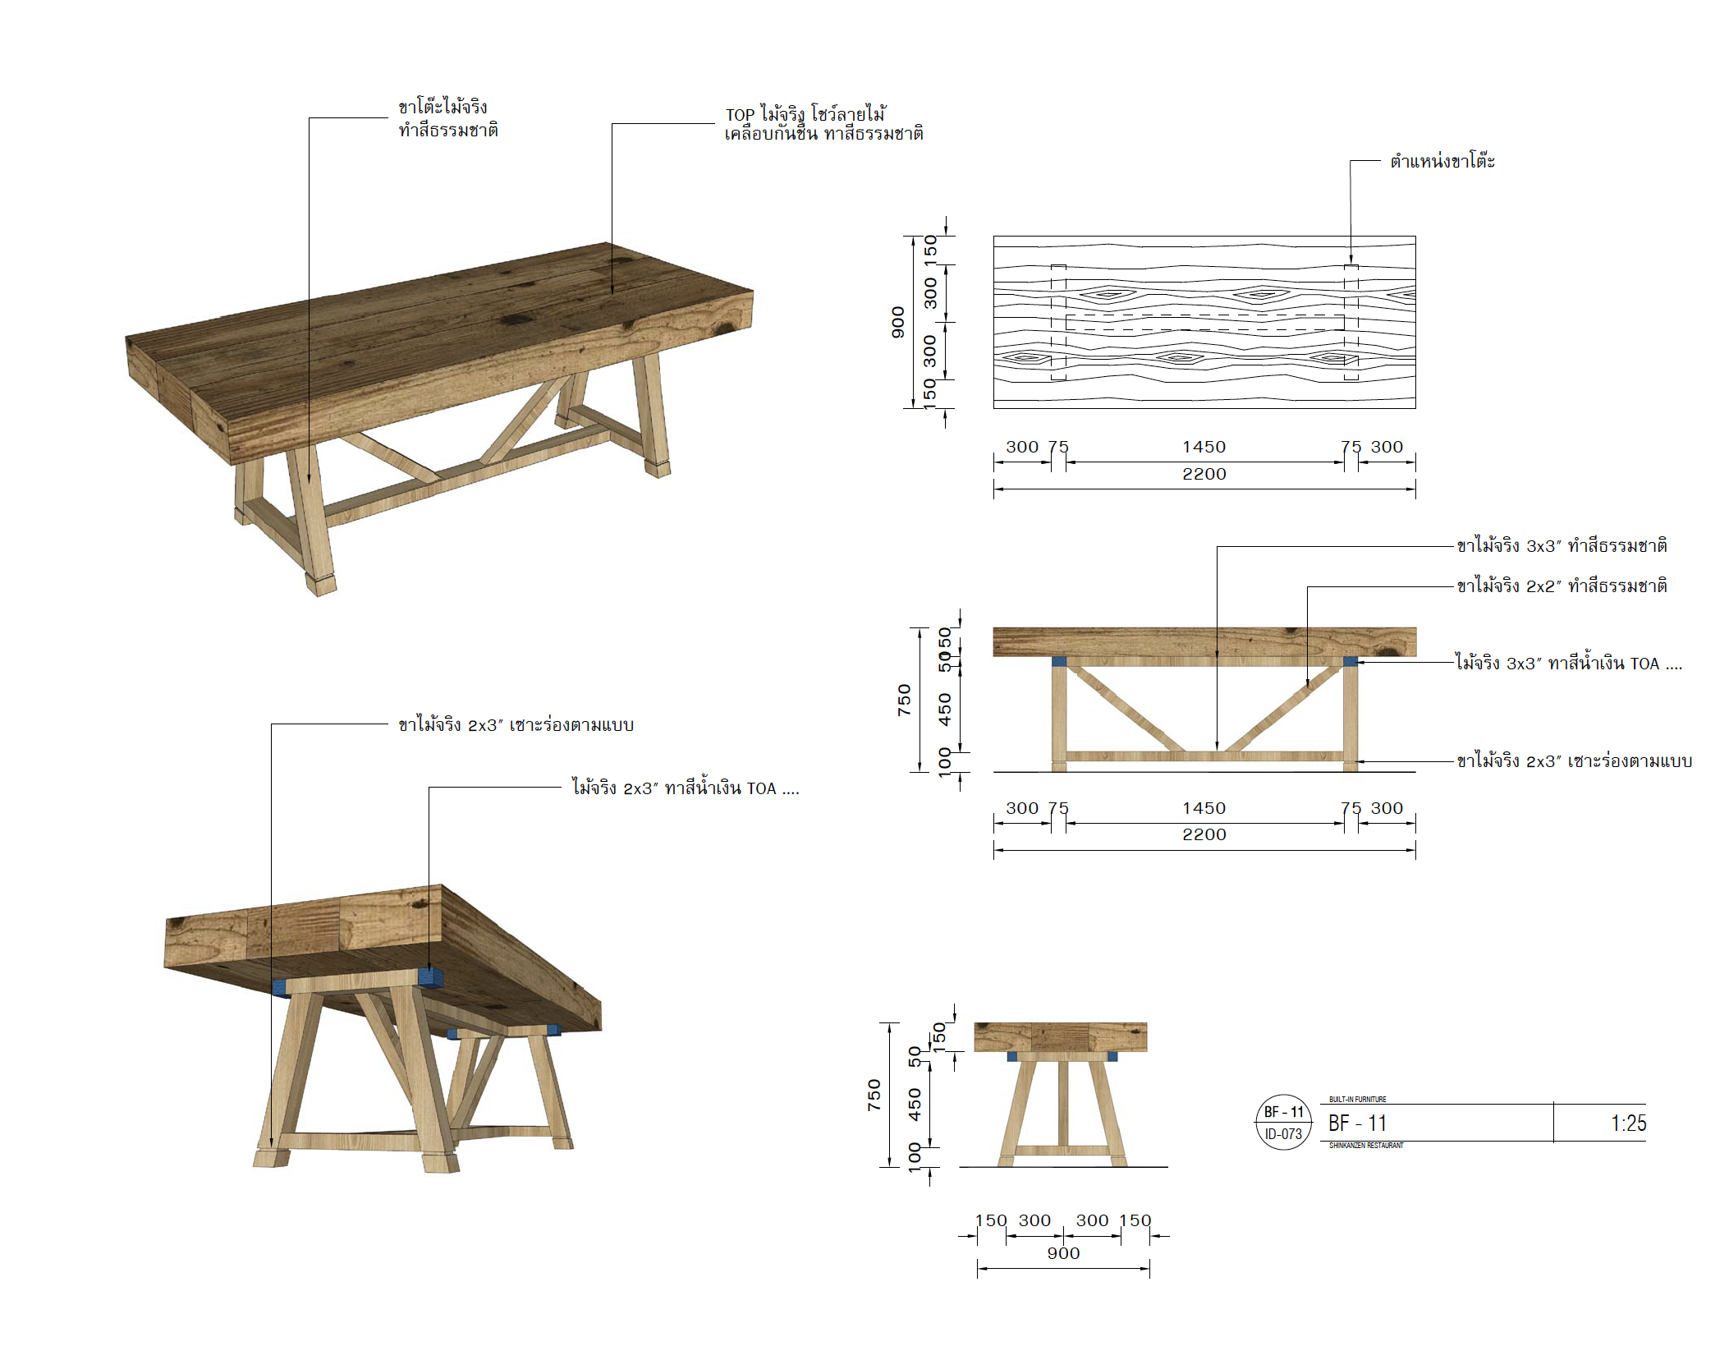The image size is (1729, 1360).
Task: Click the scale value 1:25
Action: pos(1627,1123)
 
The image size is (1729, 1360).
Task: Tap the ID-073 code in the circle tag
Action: pos(1283,1134)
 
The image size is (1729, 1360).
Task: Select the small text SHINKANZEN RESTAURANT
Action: pos(1366,1145)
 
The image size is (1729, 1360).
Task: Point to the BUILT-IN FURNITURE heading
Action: pos(1357,1099)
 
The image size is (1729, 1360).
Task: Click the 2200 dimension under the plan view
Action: pos(1204,474)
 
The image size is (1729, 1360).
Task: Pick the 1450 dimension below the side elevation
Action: pos(1204,808)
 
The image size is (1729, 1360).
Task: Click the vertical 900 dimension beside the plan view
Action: pos(898,322)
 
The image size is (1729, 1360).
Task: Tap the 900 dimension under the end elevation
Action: pos(1063,1253)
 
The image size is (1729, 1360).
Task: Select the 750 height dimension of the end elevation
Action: pos(874,1095)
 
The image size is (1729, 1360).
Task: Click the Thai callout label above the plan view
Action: pos(1442,161)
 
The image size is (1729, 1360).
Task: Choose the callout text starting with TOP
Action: pos(823,123)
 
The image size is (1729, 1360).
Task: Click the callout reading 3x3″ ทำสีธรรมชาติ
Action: pos(1562,546)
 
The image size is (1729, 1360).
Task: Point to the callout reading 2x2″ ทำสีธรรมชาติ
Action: pos(1562,586)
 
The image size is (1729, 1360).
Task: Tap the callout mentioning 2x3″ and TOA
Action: pos(686,788)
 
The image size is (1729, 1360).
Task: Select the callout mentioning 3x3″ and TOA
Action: pos(1568,664)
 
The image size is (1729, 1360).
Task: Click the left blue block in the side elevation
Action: pos(1058,661)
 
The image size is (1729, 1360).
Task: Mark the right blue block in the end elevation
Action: pos(1112,1057)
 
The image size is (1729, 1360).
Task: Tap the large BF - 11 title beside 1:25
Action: pos(1357,1123)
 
